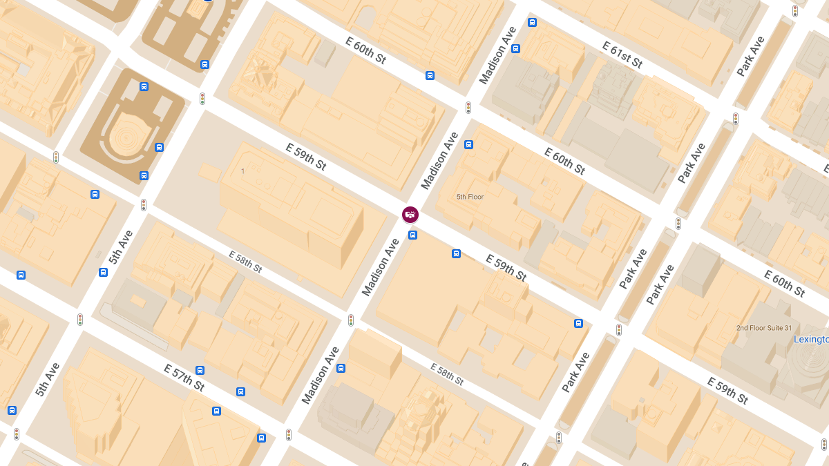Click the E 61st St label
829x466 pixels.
tap(622, 55)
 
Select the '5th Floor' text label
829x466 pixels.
tap(470, 197)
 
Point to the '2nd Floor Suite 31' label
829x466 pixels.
tap(764, 328)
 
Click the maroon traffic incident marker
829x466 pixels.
tap(410, 215)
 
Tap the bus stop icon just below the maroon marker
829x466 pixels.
tap(412, 235)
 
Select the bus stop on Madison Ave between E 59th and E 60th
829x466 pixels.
tap(468, 144)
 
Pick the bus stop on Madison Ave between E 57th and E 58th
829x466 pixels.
tap(341, 369)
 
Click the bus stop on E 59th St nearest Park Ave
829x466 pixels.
tap(578, 323)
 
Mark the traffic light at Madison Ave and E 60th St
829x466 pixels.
tap(468, 108)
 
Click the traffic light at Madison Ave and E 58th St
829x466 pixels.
tap(351, 320)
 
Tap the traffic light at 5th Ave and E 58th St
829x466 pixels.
tap(144, 205)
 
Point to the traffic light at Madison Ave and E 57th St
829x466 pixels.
tap(289, 435)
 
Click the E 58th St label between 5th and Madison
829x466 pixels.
tap(245, 261)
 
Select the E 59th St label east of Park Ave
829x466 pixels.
tap(727, 390)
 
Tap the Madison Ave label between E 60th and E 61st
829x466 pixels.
tap(498, 56)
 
